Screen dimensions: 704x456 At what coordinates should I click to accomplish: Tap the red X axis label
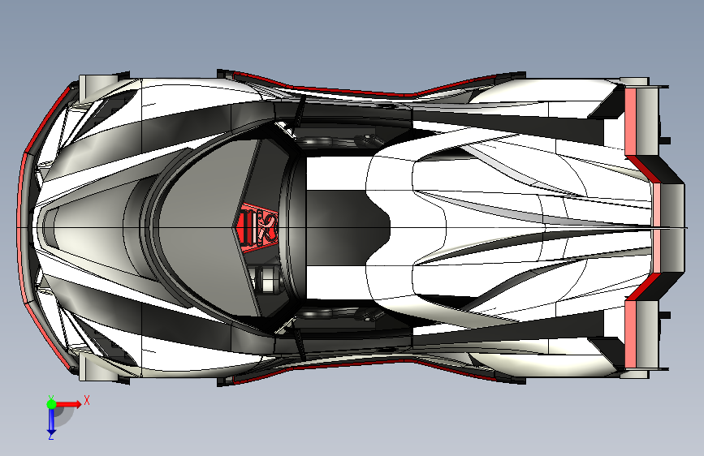pos(86,399)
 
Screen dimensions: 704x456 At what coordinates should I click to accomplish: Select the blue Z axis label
pos(50,436)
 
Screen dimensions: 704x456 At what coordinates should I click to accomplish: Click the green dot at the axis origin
pos(50,403)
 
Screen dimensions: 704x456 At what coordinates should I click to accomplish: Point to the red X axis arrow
pos(68,403)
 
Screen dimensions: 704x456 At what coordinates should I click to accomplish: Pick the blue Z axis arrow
pos(50,419)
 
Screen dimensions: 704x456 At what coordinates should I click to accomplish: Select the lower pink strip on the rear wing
pos(633,334)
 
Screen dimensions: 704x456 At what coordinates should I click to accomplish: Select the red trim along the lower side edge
pos(325,367)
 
